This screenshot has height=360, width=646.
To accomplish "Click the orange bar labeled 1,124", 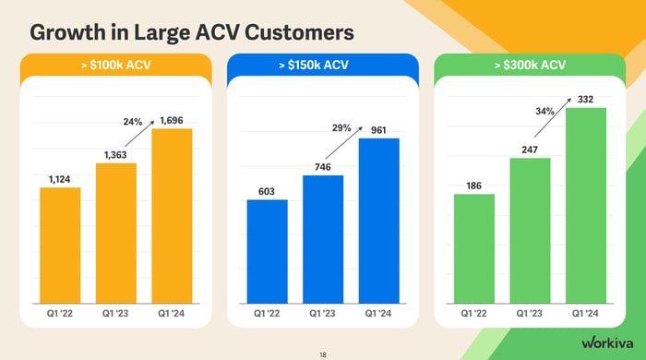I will coord(60,245).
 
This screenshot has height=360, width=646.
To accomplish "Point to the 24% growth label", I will coord(132,121).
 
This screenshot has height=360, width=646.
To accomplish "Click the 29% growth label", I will coord(341,128).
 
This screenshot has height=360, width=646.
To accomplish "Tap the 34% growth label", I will coord(544,112).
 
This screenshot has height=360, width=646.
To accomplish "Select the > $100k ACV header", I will coord(115,65).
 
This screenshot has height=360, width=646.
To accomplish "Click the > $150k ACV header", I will coord(322,65).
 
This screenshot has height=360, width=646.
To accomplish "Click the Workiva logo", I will coord(605,342).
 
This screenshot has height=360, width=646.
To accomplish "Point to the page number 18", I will coord(322,354).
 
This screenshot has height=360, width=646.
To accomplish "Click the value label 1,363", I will coord(116,155).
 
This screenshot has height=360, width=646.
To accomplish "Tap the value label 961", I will coord(377,130).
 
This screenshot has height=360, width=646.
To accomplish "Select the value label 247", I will coord(530,150).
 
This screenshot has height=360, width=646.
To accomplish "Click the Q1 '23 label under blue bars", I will coord(322,314).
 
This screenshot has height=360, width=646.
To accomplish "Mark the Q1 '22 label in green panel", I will coord(473,314).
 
